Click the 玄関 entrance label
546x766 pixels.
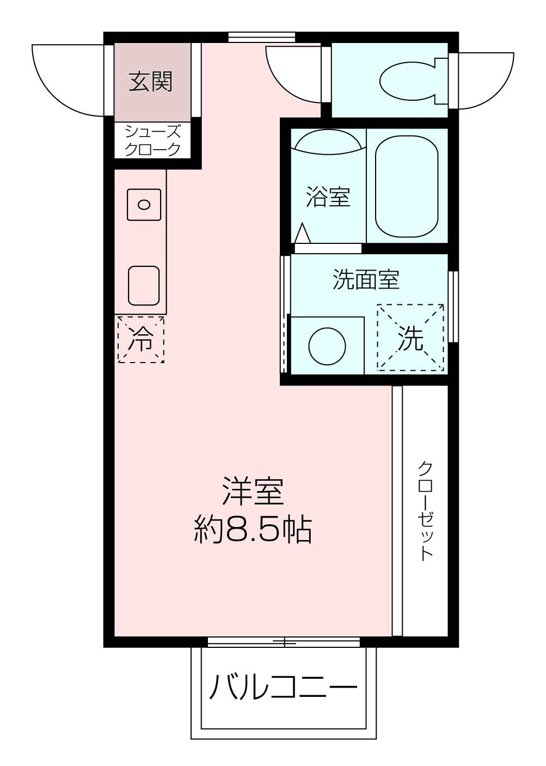[x=151, y=82]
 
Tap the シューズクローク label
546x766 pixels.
[x=152, y=140]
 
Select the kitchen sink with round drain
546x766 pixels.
[x=144, y=205]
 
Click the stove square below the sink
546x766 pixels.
[x=144, y=285]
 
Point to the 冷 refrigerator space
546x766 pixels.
[x=141, y=339]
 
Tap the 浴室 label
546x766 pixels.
[x=328, y=197]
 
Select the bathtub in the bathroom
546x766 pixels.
[x=407, y=186]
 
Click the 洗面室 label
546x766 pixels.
[x=366, y=280]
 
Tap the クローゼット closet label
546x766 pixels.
[x=426, y=510]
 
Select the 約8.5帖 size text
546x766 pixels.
[x=254, y=529]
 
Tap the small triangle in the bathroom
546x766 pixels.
[x=302, y=234]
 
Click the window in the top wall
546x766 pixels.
[x=261, y=38]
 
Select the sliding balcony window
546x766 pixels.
[x=284, y=642]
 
